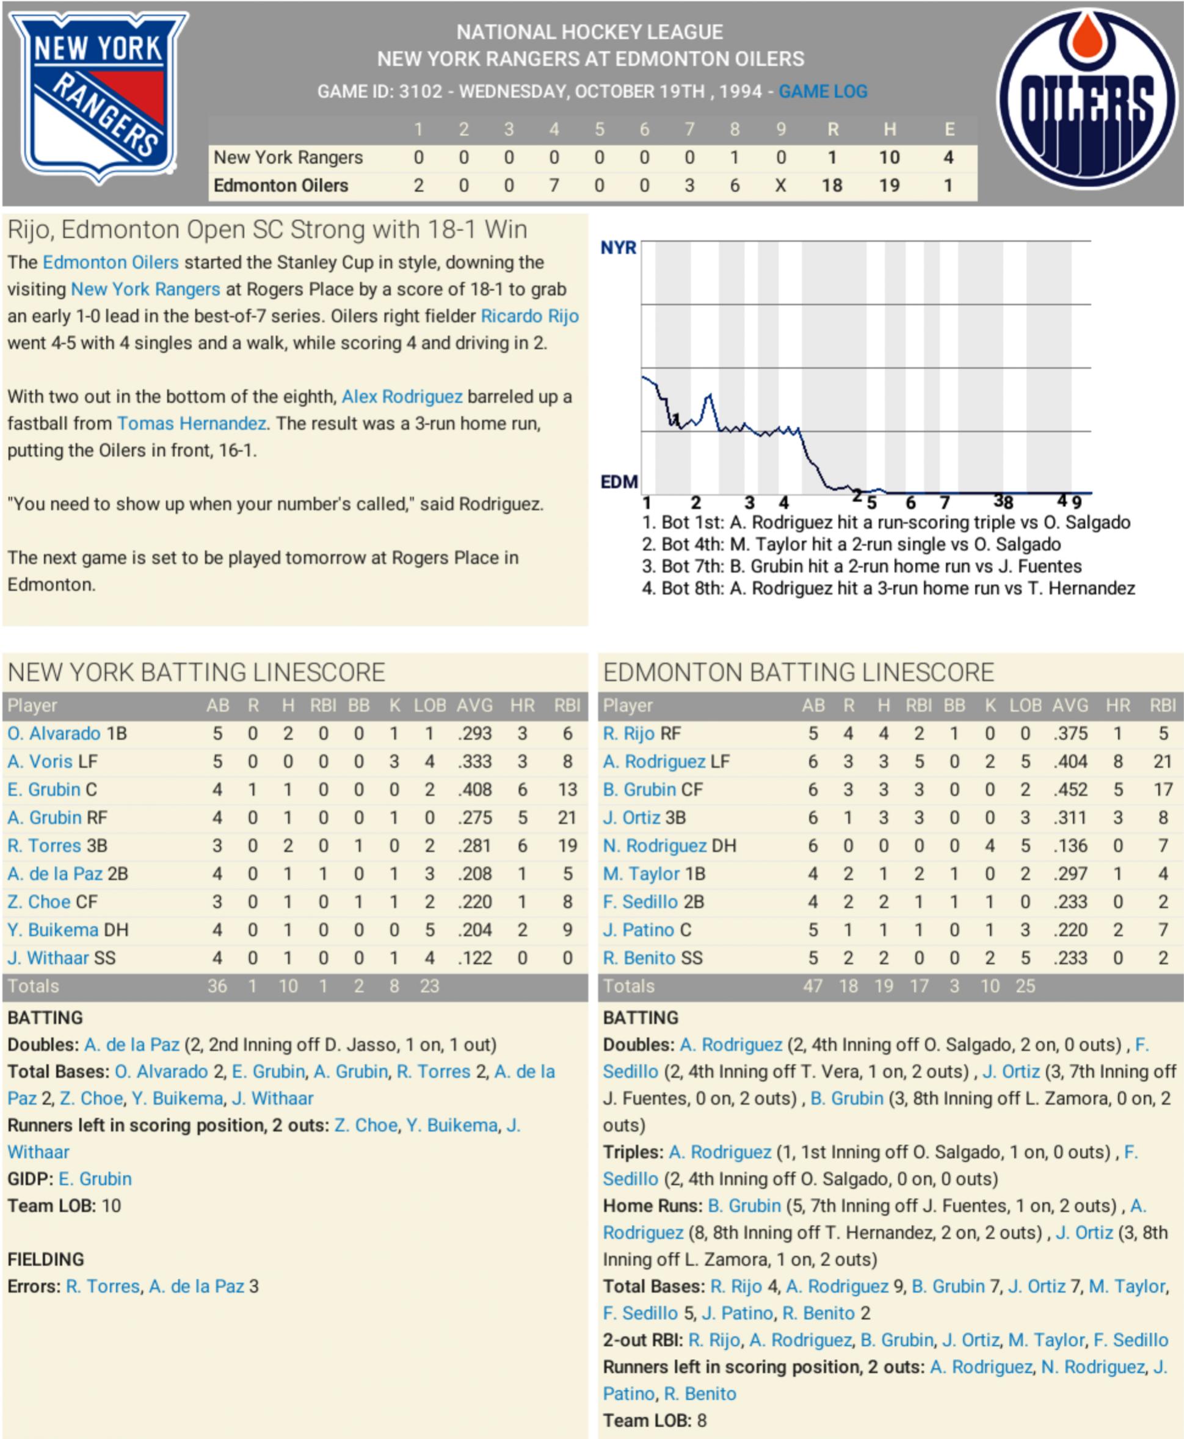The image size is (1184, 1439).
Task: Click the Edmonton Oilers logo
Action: (x=1087, y=100)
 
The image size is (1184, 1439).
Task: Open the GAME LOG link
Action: (x=823, y=92)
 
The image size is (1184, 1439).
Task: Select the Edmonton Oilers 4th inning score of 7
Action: (x=554, y=186)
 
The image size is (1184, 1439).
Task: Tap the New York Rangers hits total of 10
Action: (x=888, y=158)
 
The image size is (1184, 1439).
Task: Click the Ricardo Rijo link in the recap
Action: (x=529, y=316)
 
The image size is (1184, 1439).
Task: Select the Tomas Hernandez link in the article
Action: (x=192, y=424)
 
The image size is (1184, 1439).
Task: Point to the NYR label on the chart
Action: (x=618, y=247)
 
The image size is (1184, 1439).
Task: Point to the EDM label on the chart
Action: (x=619, y=482)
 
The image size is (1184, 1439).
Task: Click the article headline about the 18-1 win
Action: (x=267, y=230)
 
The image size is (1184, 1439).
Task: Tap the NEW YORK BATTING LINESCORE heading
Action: (x=197, y=672)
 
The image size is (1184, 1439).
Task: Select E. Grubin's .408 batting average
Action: (x=474, y=790)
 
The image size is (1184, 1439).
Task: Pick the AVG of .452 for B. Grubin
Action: (x=1069, y=790)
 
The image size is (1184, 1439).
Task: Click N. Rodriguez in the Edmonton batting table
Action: (x=655, y=846)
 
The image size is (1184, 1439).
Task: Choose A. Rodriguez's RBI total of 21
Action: (x=1162, y=762)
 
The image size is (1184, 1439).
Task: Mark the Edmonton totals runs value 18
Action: (x=848, y=986)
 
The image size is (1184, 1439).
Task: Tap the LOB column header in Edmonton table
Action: (x=1025, y=705)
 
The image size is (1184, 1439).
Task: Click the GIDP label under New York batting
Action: (x=29, y=1179)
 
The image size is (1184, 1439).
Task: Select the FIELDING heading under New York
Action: (x=46, y=1260)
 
